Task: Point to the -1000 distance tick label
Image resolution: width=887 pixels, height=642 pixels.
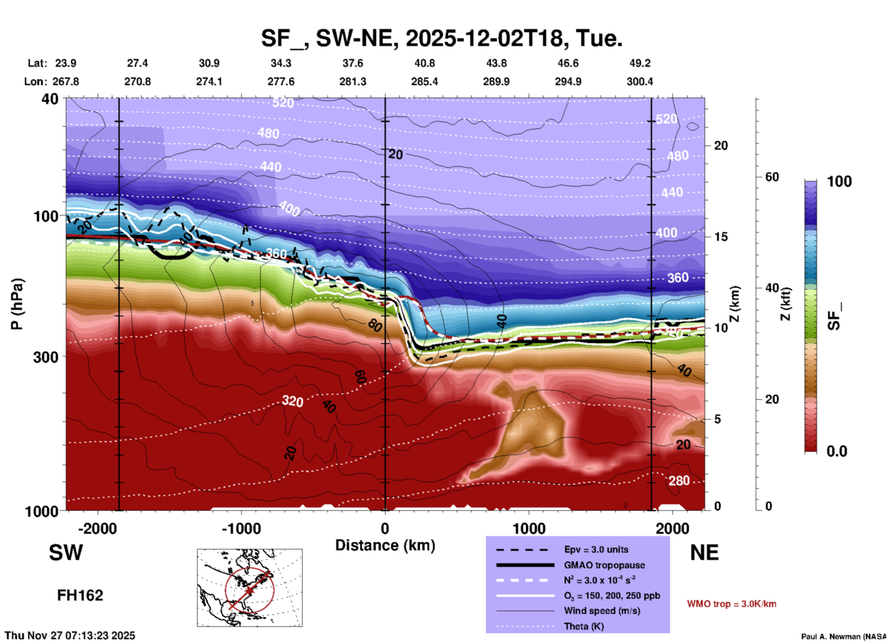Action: (241, 529)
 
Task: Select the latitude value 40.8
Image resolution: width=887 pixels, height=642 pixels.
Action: (424, 63)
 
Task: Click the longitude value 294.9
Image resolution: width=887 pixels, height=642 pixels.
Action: (567, 82)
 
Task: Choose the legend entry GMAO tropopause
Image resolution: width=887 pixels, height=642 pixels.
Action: (604, 565)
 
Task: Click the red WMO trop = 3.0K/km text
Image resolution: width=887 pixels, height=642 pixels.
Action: (731, 604)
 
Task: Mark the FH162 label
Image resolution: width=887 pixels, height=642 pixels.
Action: (80, 595)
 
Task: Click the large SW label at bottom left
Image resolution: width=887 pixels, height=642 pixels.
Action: (66, 553)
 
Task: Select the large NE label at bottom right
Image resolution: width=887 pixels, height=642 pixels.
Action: (704, 553)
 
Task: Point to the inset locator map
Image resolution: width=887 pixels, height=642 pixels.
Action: (250, 588)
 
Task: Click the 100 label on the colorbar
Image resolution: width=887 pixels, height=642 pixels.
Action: (839, 181)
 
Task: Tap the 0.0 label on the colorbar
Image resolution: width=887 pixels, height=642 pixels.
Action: (836, 451)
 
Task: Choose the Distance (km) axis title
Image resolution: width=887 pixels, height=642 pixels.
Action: (385, 545)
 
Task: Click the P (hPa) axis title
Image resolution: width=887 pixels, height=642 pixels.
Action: (17, 304)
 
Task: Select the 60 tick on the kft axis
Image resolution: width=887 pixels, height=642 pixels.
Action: (772, 177)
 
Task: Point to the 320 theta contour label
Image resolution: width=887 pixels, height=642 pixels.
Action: (292, 401)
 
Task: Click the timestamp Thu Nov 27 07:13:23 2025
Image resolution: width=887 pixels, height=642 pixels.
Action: (70, 636)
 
